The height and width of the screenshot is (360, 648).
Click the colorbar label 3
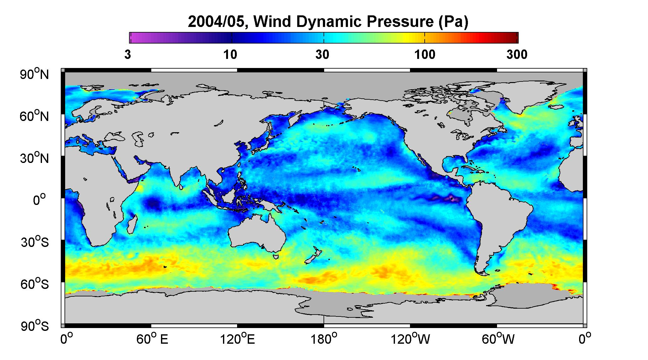(x=127, y=55)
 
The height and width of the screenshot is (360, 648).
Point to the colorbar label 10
(x=231, y=55)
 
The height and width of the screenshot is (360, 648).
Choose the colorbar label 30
(x=322, y=55)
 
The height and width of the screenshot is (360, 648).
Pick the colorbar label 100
(x=425, y=55)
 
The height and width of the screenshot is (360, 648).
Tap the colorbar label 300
(x=517, y=55)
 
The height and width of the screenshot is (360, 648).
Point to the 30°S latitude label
(x=35, y=242)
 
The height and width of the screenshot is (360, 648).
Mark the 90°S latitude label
(x=35, y=326)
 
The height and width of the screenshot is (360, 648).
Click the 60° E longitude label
(x=152, y=339)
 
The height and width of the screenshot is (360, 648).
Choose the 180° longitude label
(x=324, y=339)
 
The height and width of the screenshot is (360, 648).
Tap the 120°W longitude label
(x=410, y=339)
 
